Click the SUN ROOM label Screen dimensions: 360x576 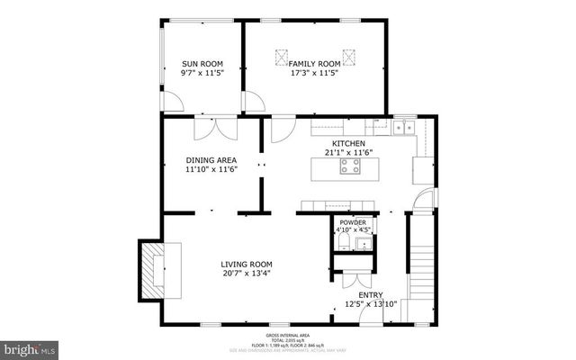(202, 64)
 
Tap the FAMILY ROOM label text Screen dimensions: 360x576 (315, 63)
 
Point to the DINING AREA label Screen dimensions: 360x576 (211, 161)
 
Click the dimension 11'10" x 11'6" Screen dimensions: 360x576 (211, 171)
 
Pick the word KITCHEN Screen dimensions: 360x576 (348, 144)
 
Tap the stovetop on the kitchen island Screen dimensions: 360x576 (348, 166)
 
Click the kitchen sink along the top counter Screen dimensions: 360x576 (402, 128)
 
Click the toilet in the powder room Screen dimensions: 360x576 (342, 242)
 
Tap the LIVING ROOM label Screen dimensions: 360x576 (247, 265)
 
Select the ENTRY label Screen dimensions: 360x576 (371, 295)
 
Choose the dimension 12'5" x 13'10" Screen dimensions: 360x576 (371, 306)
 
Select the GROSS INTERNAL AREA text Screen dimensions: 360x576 (287, 334)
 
